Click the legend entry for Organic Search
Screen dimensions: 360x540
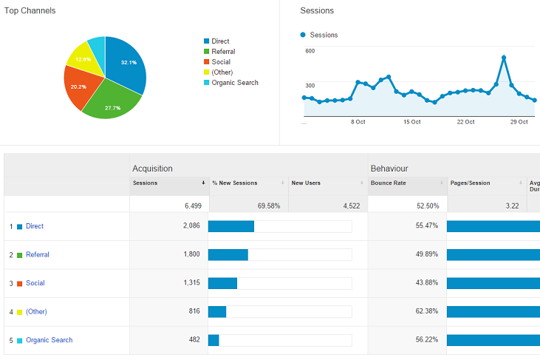(234, 83)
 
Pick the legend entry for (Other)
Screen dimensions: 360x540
(223, 72)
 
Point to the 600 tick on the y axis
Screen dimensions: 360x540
(310, 51)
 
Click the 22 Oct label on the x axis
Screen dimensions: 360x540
(465, 122)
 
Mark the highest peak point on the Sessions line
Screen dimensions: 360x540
(503, 57)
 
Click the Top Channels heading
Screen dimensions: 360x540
(30, 11)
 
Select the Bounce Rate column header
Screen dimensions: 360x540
(389, 183)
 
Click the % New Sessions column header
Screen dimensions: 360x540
(235, 183)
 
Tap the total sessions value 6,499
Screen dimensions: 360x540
(188, 206)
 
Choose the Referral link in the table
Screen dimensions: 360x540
(38, 254)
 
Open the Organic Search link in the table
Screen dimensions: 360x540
(49, 340)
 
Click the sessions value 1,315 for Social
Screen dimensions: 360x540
(190, 283)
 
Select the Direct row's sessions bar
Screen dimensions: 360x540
(231, 226)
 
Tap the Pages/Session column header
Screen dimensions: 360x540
(470, 183)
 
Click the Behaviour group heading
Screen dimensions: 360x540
(389, 169)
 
